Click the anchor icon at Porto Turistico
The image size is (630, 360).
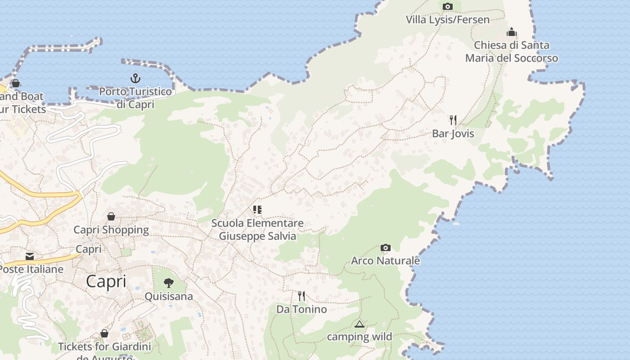135,79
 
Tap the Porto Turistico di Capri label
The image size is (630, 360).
135,98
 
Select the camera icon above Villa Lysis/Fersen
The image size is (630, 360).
447,6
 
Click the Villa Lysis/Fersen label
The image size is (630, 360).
447,20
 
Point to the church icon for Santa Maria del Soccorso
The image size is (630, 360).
512,32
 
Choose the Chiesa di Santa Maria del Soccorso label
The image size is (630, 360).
512,52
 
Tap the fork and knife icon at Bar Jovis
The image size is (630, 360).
453,120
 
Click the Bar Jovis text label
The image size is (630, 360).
453,134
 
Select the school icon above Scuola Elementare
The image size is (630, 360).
257,210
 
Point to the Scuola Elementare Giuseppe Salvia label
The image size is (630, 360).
257,229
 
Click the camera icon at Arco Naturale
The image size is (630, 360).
386,247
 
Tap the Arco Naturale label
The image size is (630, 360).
386,261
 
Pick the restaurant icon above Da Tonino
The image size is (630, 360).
301,296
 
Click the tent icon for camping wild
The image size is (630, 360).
360,324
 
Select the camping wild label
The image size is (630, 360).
360,337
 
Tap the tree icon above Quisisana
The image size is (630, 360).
169,283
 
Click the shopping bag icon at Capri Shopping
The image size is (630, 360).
111,217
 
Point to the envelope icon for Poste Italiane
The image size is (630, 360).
30,256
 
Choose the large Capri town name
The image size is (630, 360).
106,282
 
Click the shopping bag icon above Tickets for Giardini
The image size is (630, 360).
104,333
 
